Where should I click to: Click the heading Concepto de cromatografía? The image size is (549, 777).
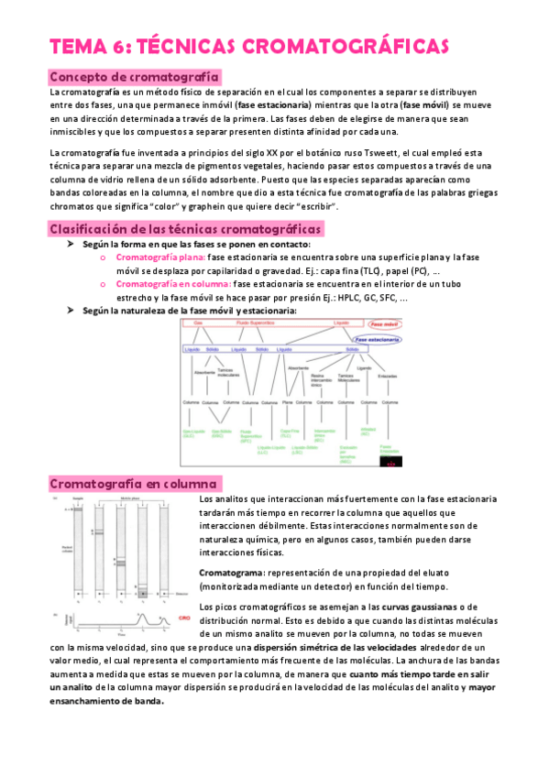tap(134, 77)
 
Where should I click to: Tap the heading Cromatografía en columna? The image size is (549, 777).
tap(134, 483)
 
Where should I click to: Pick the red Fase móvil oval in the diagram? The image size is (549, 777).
tap(385, 324)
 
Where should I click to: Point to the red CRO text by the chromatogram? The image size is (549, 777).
tap(184, 617)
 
